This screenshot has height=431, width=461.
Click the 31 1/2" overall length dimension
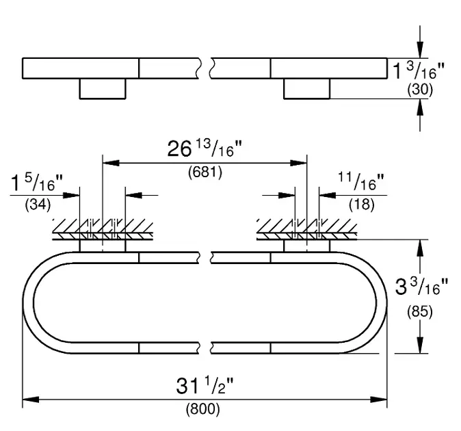point(205,386)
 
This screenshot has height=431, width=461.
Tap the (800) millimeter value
point(203,409)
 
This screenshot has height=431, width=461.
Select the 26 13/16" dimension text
point(205,148)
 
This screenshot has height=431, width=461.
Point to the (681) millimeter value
point(205,172)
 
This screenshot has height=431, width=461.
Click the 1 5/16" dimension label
point(37,183)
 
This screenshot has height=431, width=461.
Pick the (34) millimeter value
point(38,205)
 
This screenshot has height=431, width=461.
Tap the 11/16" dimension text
point(361,181)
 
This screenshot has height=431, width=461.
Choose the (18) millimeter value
point(362,205)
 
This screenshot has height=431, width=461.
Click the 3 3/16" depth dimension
point(421,287)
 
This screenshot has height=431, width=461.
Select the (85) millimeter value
point(420,312)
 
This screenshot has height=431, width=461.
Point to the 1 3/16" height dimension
point(419,71)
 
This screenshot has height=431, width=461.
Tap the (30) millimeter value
point(420,90)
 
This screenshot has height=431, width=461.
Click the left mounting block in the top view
point(103,88)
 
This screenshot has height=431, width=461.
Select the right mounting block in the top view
point(306,88)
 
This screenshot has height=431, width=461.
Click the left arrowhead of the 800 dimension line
point(31,400)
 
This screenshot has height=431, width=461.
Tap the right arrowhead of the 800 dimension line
point(379,400)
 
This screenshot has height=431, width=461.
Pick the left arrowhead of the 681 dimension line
point(111,163)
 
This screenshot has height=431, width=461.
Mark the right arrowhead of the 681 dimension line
point(298,163)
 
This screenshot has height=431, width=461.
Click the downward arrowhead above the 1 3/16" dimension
point(420,50)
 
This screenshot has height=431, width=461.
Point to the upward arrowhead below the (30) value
point(420,107)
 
